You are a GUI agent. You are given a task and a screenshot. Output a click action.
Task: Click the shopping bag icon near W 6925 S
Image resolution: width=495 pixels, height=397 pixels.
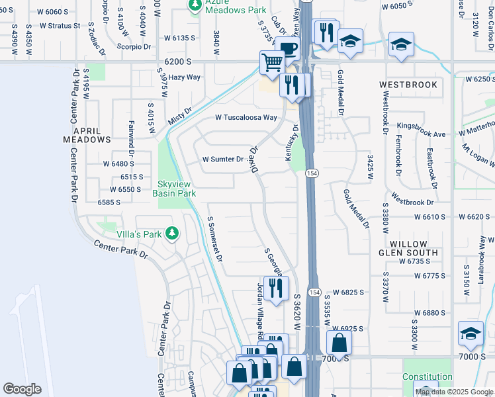[x=338, y=343]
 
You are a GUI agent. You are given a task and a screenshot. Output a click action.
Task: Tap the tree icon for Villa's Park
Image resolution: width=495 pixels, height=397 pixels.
[x=172, y=233]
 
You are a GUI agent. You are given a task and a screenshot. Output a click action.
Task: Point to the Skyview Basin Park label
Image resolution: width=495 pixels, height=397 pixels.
[x=174, y=189]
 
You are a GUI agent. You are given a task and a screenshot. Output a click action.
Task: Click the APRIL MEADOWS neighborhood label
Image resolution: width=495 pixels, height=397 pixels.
[x=87, y=134]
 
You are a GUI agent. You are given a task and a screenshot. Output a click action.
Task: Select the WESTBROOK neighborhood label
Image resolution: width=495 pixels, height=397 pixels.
[x=408, y=85]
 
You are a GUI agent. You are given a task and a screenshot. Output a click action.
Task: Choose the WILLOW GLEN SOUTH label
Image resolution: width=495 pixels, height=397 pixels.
[x=408, y=248]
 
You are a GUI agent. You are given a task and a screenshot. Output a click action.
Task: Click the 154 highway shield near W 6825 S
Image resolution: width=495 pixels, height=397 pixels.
[x=314, y=292]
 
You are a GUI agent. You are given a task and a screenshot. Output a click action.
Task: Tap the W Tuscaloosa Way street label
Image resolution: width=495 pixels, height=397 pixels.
[x=246, y=117]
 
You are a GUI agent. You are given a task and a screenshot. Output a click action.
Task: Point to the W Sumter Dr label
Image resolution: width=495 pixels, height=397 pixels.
[x=223, y=159]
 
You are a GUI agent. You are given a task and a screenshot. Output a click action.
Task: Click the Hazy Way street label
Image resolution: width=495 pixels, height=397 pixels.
[x=184, y=77]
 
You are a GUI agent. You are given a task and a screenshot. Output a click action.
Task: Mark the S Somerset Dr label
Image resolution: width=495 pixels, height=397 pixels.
[x=216, y=238]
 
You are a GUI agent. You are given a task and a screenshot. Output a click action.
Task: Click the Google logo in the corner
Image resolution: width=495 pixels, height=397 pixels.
[x=22, y=389]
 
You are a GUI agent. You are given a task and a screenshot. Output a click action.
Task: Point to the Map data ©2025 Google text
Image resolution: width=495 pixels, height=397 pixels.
[x=454, y=392]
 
